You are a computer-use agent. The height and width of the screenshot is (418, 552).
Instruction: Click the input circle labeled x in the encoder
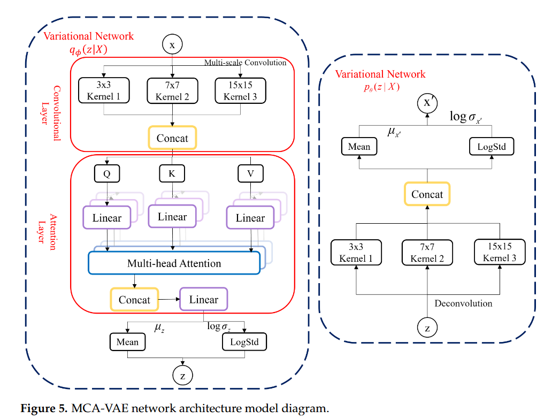[172, 45]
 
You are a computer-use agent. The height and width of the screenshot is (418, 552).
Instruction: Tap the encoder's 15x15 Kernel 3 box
[240, 90]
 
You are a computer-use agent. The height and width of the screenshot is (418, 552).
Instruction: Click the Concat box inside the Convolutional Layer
[172, 138]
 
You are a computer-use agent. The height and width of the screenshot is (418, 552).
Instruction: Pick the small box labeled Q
[106, 173]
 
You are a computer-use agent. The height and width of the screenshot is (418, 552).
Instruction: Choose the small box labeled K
[172, 173]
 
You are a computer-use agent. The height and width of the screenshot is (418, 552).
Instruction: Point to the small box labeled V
[250, 173]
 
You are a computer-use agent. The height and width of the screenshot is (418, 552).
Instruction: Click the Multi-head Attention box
[174, 263]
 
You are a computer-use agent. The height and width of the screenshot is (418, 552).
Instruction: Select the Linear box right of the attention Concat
[203, 300]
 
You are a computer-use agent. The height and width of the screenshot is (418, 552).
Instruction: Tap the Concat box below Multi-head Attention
[134, 300]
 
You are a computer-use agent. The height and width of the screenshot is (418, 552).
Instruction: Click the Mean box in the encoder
[127, 342]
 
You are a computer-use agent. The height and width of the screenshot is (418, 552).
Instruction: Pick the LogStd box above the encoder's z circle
[244, 342]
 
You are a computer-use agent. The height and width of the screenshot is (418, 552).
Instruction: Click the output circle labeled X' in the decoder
[427, 103]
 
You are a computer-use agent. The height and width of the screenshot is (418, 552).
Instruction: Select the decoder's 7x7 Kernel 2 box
[427, 253]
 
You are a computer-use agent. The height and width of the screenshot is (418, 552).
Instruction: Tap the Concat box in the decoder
[427, 194]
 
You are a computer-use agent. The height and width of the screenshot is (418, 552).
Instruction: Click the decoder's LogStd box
[492, 147]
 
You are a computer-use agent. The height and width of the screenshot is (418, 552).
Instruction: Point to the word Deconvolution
[463, 303]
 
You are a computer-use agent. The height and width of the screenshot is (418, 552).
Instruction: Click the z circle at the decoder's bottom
[427, 328]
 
